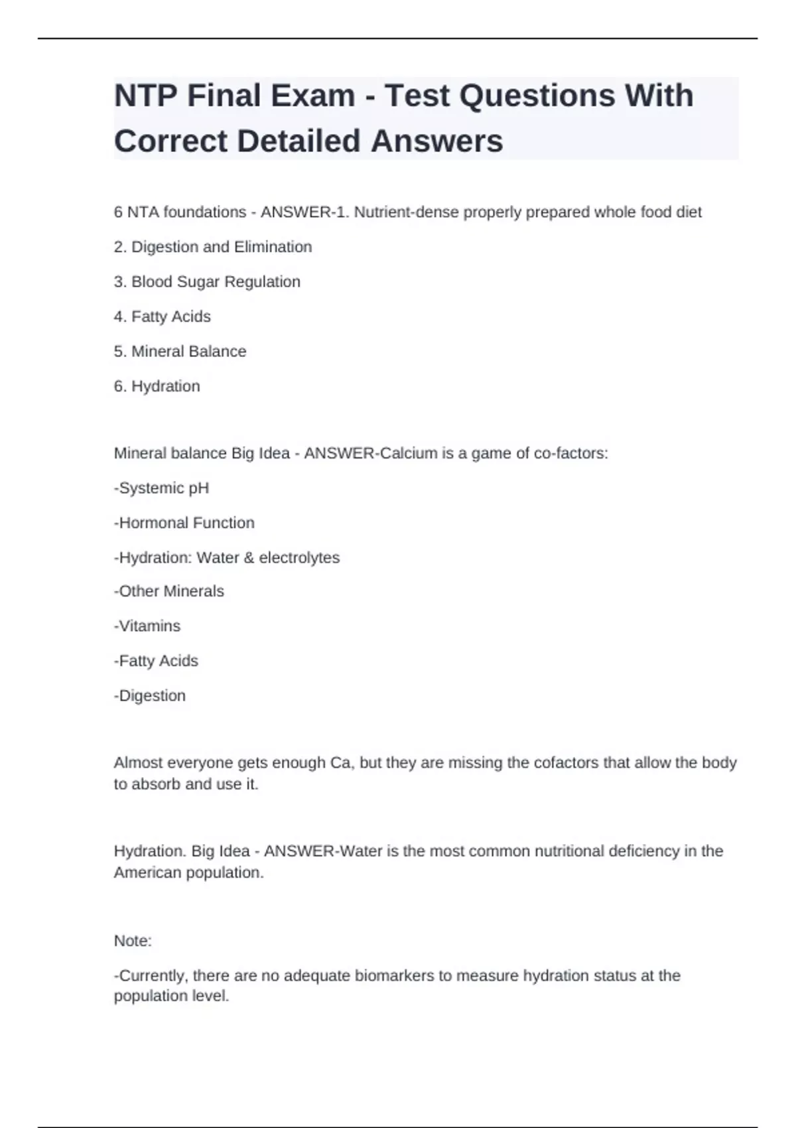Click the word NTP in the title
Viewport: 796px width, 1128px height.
[146, 96]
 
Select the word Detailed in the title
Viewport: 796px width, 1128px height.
[298, 141]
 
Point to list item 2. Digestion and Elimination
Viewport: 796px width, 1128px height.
[213, 247]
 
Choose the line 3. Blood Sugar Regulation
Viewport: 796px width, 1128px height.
[207, 282]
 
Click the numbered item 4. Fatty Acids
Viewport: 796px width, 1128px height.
[163, 317]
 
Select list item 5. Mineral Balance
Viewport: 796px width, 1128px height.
[180, 352]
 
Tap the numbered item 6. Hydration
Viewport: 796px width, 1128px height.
[157, 386]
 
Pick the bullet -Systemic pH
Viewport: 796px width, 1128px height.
[162, 488]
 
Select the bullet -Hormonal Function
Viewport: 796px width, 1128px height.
[184, 523]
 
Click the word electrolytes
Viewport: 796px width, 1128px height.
[299, 558]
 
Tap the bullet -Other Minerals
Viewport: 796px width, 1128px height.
[169, 591]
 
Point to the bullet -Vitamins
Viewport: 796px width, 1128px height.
[147, 626]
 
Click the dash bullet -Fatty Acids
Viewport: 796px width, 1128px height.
[157, 661]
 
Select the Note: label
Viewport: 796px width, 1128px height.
[133, 941]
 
